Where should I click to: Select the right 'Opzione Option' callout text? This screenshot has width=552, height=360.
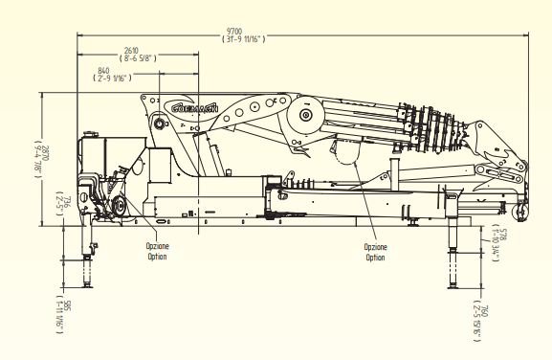[376, 252]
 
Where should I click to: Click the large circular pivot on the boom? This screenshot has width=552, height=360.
[306, 118]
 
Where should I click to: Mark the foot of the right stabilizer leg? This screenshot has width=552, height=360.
[451, 283]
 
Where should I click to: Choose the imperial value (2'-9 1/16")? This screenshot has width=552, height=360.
[111, 79]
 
